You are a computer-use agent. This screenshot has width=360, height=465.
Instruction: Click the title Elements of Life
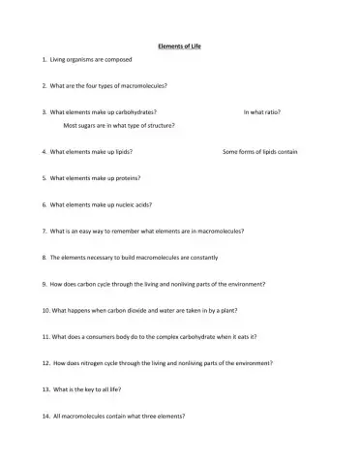(x=179, y=46)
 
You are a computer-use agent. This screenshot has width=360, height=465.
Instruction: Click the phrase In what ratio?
(x=262, y=112)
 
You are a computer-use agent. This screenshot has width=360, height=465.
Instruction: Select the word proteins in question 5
(x=126, y=178)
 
